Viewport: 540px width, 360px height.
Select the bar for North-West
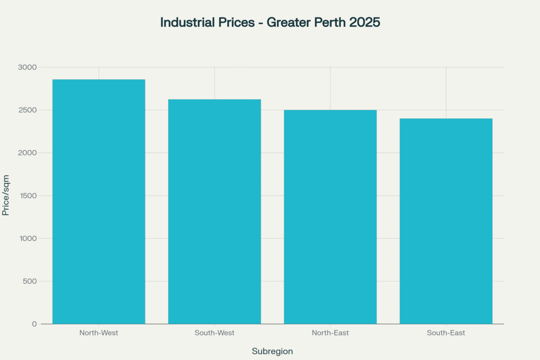(99, 201)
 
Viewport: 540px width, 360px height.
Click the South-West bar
(214, 211)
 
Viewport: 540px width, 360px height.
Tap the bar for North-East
(330, 217)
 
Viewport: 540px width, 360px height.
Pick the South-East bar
(446, 221)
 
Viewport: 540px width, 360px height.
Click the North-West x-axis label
(99, 333)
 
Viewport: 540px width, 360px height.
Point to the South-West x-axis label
(214, 333)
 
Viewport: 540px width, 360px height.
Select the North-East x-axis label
(330, 333)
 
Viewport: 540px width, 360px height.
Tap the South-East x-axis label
(446, 333)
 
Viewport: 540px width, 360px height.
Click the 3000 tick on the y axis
(27, 67)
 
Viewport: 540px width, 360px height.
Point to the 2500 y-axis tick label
(27, 110)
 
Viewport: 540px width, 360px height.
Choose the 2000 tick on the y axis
(27, 153)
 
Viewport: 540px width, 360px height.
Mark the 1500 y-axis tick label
(27, 196)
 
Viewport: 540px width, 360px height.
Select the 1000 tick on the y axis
(27, 238)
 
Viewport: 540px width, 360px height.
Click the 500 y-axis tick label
(30, 281)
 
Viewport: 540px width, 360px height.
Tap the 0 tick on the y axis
(34, 324)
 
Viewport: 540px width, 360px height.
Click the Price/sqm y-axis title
(6, 195)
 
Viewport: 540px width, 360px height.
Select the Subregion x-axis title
(272, 351)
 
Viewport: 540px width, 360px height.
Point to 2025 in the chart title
(364, 23)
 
